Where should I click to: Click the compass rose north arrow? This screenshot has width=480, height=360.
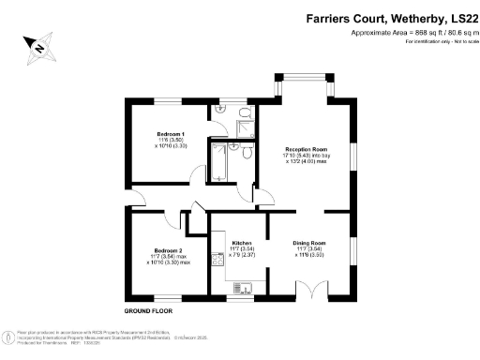click(x=38, y=44)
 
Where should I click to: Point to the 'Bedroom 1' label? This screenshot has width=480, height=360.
click(x=170, y=134)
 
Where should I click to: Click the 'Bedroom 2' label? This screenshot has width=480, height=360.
click(x=167, y=249)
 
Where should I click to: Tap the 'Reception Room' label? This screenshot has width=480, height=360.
click(x=306, y=150)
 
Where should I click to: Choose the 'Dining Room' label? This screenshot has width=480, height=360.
click(x=308, y=243)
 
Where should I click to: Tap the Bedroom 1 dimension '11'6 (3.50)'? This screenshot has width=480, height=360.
click(x=170, y=140)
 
